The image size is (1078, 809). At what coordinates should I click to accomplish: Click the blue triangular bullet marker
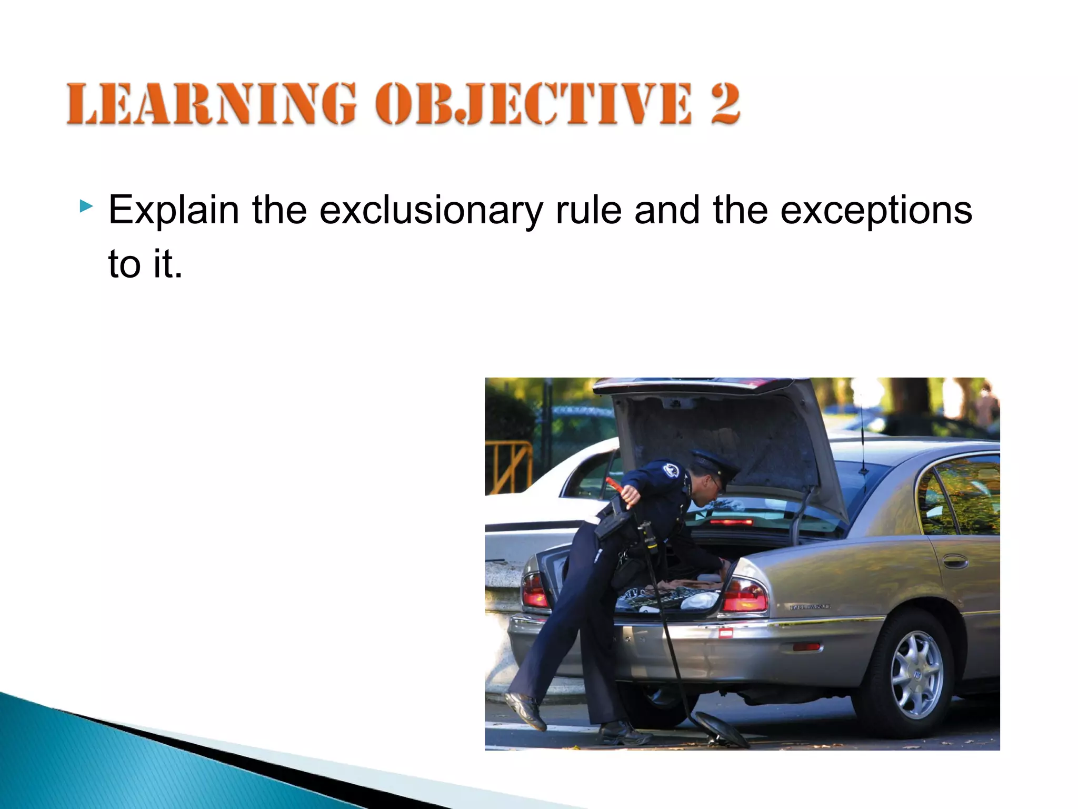click(86, 206)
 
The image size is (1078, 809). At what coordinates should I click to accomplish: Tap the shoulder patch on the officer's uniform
click(671, 470)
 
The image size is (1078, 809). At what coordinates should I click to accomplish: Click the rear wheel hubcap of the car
click(916, 675)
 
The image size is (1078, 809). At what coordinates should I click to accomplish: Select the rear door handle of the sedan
click(954, 562)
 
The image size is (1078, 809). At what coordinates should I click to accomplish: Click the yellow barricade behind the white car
click(508, 466)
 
